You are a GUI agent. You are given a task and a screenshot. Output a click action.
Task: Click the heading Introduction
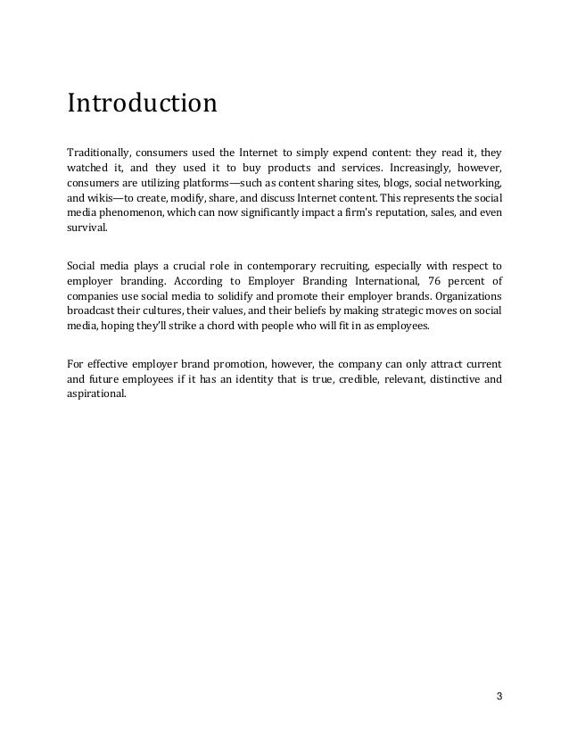[142, 104]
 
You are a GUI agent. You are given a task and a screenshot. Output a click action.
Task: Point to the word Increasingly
[409, 168]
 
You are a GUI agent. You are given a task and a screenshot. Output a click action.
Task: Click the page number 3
[498, 696]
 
